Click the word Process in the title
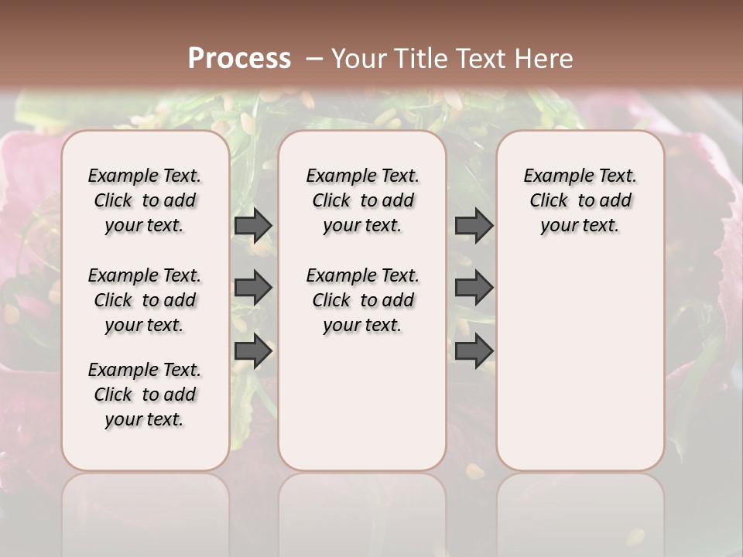[x=239, y=58]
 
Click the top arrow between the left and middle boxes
[x=253, y=226]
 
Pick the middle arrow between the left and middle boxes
[x=253, y=288]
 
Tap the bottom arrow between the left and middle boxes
[x=253, y=350]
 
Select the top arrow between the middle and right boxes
[x=474, y=226]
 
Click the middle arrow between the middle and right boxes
[x=474, y=288]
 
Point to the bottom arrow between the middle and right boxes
[x=474, y=350]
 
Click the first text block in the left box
[x=145, y=200]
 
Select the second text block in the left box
[x=145, y=300]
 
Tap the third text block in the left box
[x=145, y=395]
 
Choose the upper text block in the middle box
[x=362, y=200]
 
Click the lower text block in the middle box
[x=362, y=300]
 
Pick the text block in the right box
[x=580, y=200]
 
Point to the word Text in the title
[x=478, y=59]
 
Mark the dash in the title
[x=314, y=59]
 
